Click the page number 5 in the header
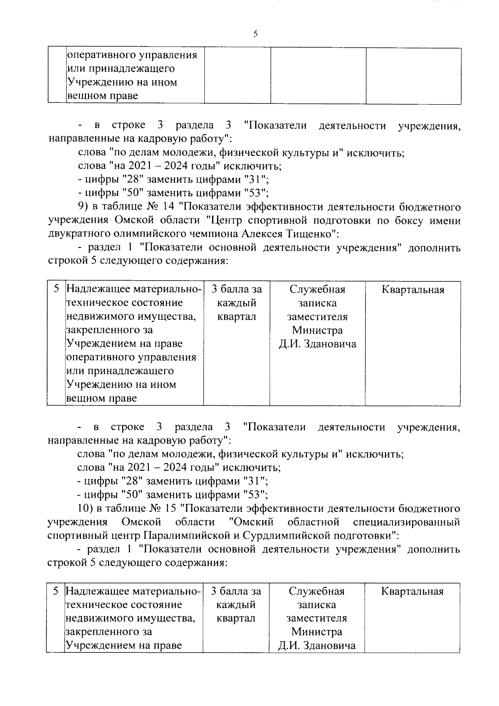coord(255,34)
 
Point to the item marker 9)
coord(84,207)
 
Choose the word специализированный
coord(406,521)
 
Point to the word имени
coord(445,220)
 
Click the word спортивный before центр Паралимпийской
coord(77,535)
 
